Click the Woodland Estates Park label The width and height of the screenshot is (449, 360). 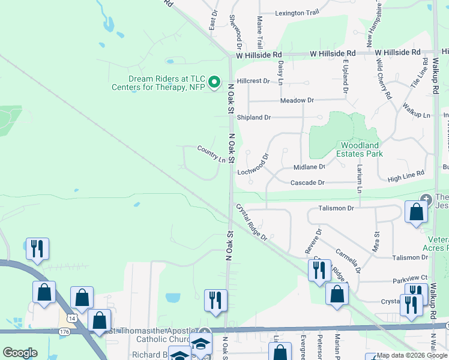coord(360,149)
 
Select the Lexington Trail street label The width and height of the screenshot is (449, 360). coord(297,13)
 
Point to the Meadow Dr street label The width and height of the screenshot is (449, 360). coord(297,100)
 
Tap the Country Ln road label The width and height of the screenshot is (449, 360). coord(211,154)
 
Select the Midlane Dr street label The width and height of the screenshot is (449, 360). coord(309,167)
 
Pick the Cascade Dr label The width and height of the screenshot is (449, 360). coord(307,182)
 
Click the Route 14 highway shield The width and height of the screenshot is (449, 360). coord(71,318)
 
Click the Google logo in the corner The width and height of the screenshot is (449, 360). coord(20,353)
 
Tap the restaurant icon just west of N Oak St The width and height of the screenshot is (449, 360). coord(215,300)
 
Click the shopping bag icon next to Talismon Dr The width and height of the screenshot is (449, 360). coord(416,212)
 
